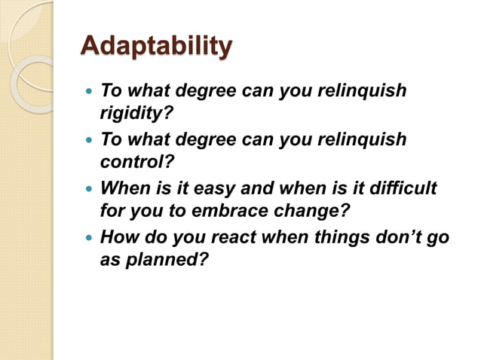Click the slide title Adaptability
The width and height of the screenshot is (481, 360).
coord(156,47)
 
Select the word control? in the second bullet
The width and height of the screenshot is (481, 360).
coord(132,161)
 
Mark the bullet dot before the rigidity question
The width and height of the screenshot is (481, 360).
coord(89,92)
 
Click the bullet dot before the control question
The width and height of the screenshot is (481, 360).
coord(89,141)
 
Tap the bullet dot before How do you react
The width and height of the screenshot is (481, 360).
coord(89,239)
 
